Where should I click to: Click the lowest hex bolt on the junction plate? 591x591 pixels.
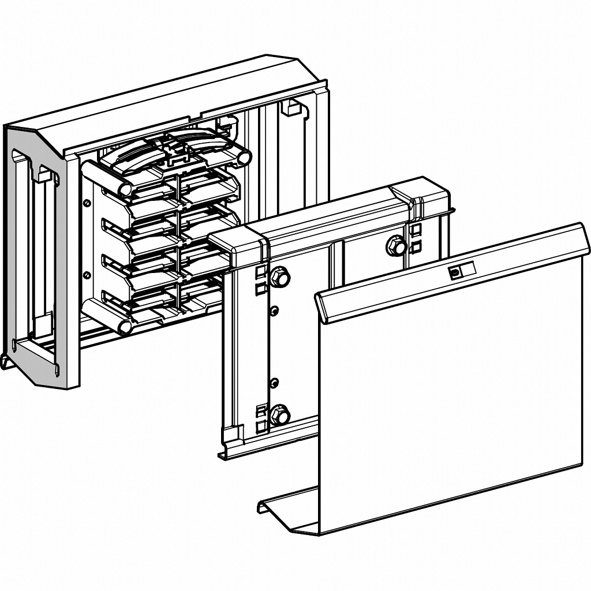click(x=280, y=414)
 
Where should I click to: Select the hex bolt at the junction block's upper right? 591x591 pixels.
click(x=396, y=246)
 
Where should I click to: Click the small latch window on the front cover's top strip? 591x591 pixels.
click(x=455, y=272)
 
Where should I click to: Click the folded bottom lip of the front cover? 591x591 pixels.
click(x=289, y=508)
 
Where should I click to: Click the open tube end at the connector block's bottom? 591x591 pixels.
click(x=125, y=327)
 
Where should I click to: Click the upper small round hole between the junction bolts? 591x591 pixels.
click(x=275, y=311)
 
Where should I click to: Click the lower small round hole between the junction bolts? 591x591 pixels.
click(x=275, y=381)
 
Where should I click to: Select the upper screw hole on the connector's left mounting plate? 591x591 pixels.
click(x=87, y=203)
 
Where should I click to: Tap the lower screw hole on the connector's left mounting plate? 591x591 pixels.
click(x=87, y=275)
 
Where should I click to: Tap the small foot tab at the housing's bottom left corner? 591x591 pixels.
click(x=7, y=362)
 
